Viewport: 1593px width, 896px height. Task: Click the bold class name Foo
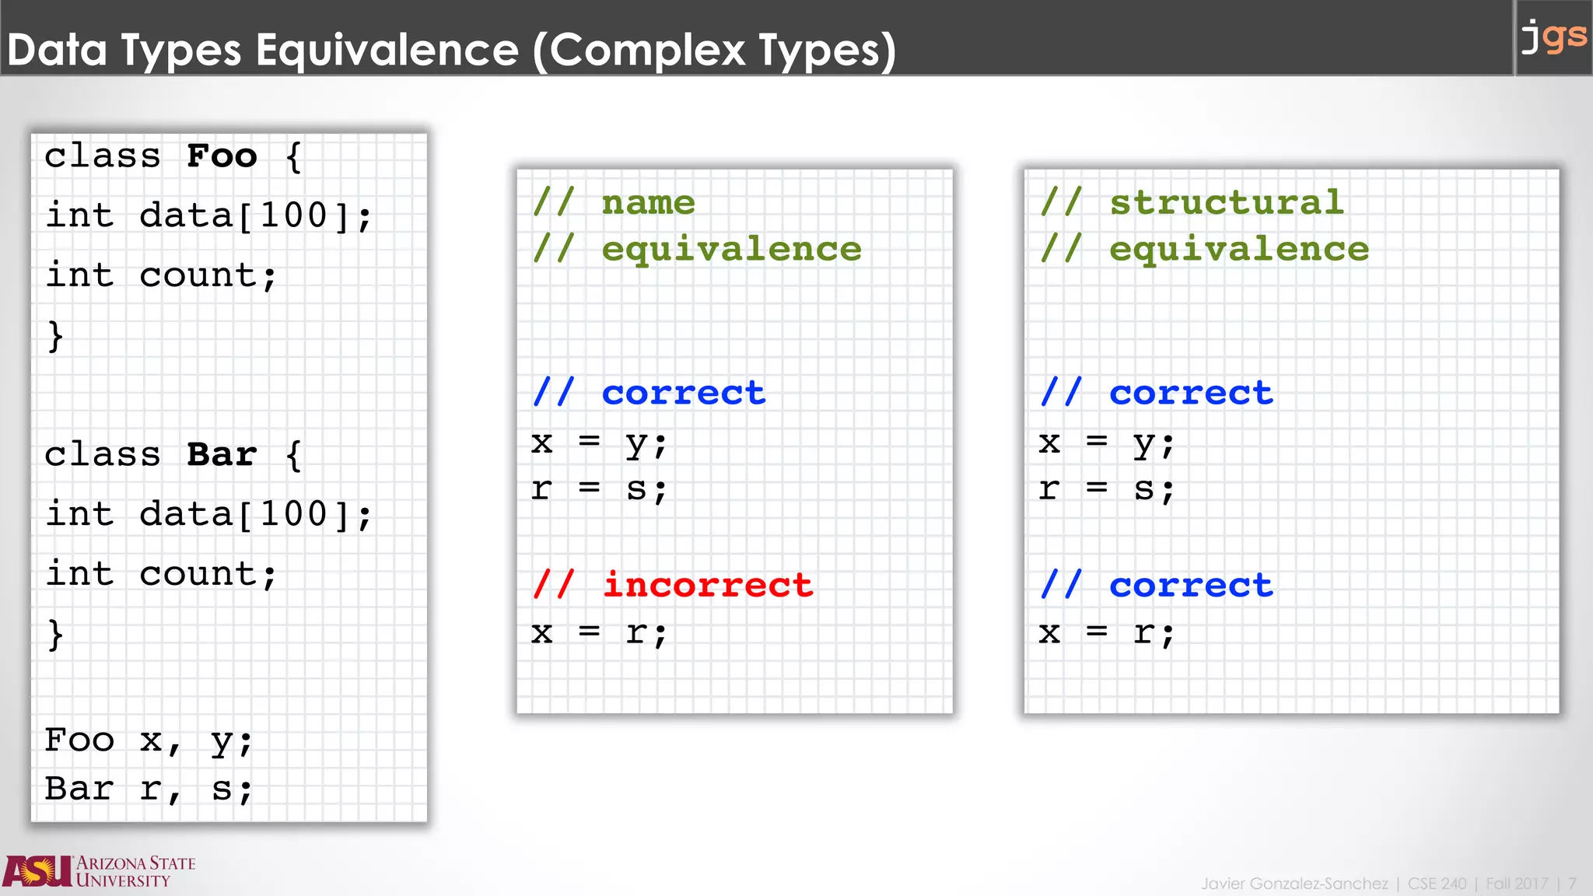pyautogui.click(x=222, y=156)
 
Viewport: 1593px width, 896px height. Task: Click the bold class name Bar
pyautogui.click(x=222, y=455)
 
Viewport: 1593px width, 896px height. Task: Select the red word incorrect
pyautogui.click(x=708, y=585)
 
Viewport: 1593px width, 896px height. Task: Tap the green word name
pyautogui.click(x=648, y=203)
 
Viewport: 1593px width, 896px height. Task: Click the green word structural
pyautogui.click(x=1227, y=203)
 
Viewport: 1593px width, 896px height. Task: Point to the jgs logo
pyautogui.click(x=1553, y=37)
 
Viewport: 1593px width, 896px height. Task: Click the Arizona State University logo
pyautogui.click(x=100, y=871)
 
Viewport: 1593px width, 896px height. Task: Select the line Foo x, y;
pyautogui.click(x=149, y=740)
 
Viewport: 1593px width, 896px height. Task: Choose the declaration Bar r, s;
pyautogui.click(x=149, y=789)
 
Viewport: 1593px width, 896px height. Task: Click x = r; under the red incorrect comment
pyautogui.click(x=599, y=633)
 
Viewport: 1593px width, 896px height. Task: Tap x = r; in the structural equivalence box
pyautogui.click(x=1106, y=633)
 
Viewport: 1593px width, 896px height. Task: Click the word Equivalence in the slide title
pyautogui.click(x=387, y=50)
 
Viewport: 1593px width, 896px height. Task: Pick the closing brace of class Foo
pyautogui.click(x=54, y=336)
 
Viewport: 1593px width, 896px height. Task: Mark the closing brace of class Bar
pyautogui.click(x=54, y=635)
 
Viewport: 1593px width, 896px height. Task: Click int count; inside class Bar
pyautogui.click(x=161, y=574)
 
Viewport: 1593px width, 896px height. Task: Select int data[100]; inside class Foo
pyautogui.click(x=208, y=215)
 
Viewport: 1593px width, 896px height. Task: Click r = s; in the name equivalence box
pyautogui.click(x=599, y=489)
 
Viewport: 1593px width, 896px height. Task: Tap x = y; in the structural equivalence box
pyautogui.click(x=1106, y=443)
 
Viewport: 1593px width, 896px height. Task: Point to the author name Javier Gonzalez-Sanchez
pyautogui.click(x=1294, y=884)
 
